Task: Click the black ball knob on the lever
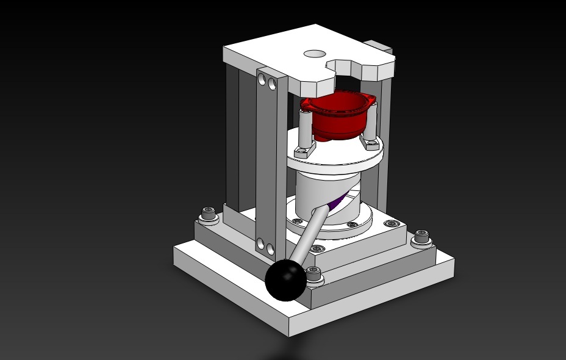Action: [x=285, y=279]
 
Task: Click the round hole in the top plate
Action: [x=315, y=54]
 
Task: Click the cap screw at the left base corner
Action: [x=209, y=214]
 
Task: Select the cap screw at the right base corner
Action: [x=421, y=237]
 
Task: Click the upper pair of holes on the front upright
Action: [x=266, y=80]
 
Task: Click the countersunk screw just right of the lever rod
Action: [x=317, y=249]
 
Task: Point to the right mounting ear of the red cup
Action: [x=368, y=101]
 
